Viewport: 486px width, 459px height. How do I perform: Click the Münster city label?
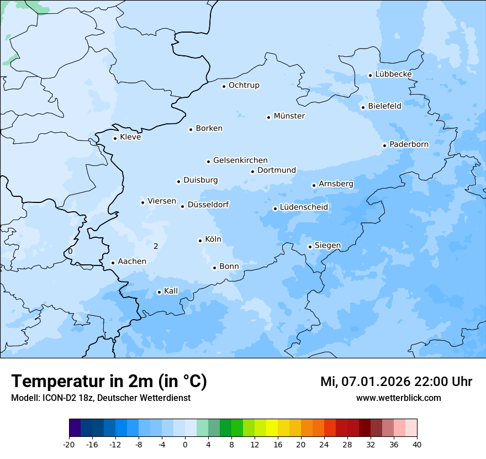(x=289, y=116)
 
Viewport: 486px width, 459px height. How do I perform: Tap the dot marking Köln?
(x=200, y=241)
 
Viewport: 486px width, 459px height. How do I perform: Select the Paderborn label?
(x=409, y=144)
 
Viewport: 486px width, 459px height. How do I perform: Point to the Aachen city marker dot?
(x=113, y=263)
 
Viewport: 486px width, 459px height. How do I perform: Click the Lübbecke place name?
(x=393, y=74)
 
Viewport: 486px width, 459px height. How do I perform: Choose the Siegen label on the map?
(x=327, y=246)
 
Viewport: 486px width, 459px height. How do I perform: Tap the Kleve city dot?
(x=115, y=138)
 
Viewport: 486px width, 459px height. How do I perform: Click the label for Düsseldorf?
(x=208, y=205)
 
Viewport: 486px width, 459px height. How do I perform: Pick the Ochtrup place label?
(x=244, y=85)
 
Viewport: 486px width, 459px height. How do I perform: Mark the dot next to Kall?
(x=159, y=292)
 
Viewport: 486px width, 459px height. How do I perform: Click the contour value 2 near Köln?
(x=156, y=246)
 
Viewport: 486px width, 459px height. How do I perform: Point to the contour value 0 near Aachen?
(x=70, y=251)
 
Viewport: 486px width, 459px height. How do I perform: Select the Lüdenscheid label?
(x=304, y=207)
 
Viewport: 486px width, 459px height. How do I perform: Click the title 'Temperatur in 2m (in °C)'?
(x=109, y=382)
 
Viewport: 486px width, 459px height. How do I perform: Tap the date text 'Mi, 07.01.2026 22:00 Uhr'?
(x=396, y=382)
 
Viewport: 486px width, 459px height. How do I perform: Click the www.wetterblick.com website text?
(x=398, y=398)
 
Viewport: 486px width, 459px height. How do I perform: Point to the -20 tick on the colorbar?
(x=69, y=444)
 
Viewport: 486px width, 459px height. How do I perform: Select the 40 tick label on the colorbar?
(x=417, y=444)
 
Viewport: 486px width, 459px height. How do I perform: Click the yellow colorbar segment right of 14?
(x=272, y=428)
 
